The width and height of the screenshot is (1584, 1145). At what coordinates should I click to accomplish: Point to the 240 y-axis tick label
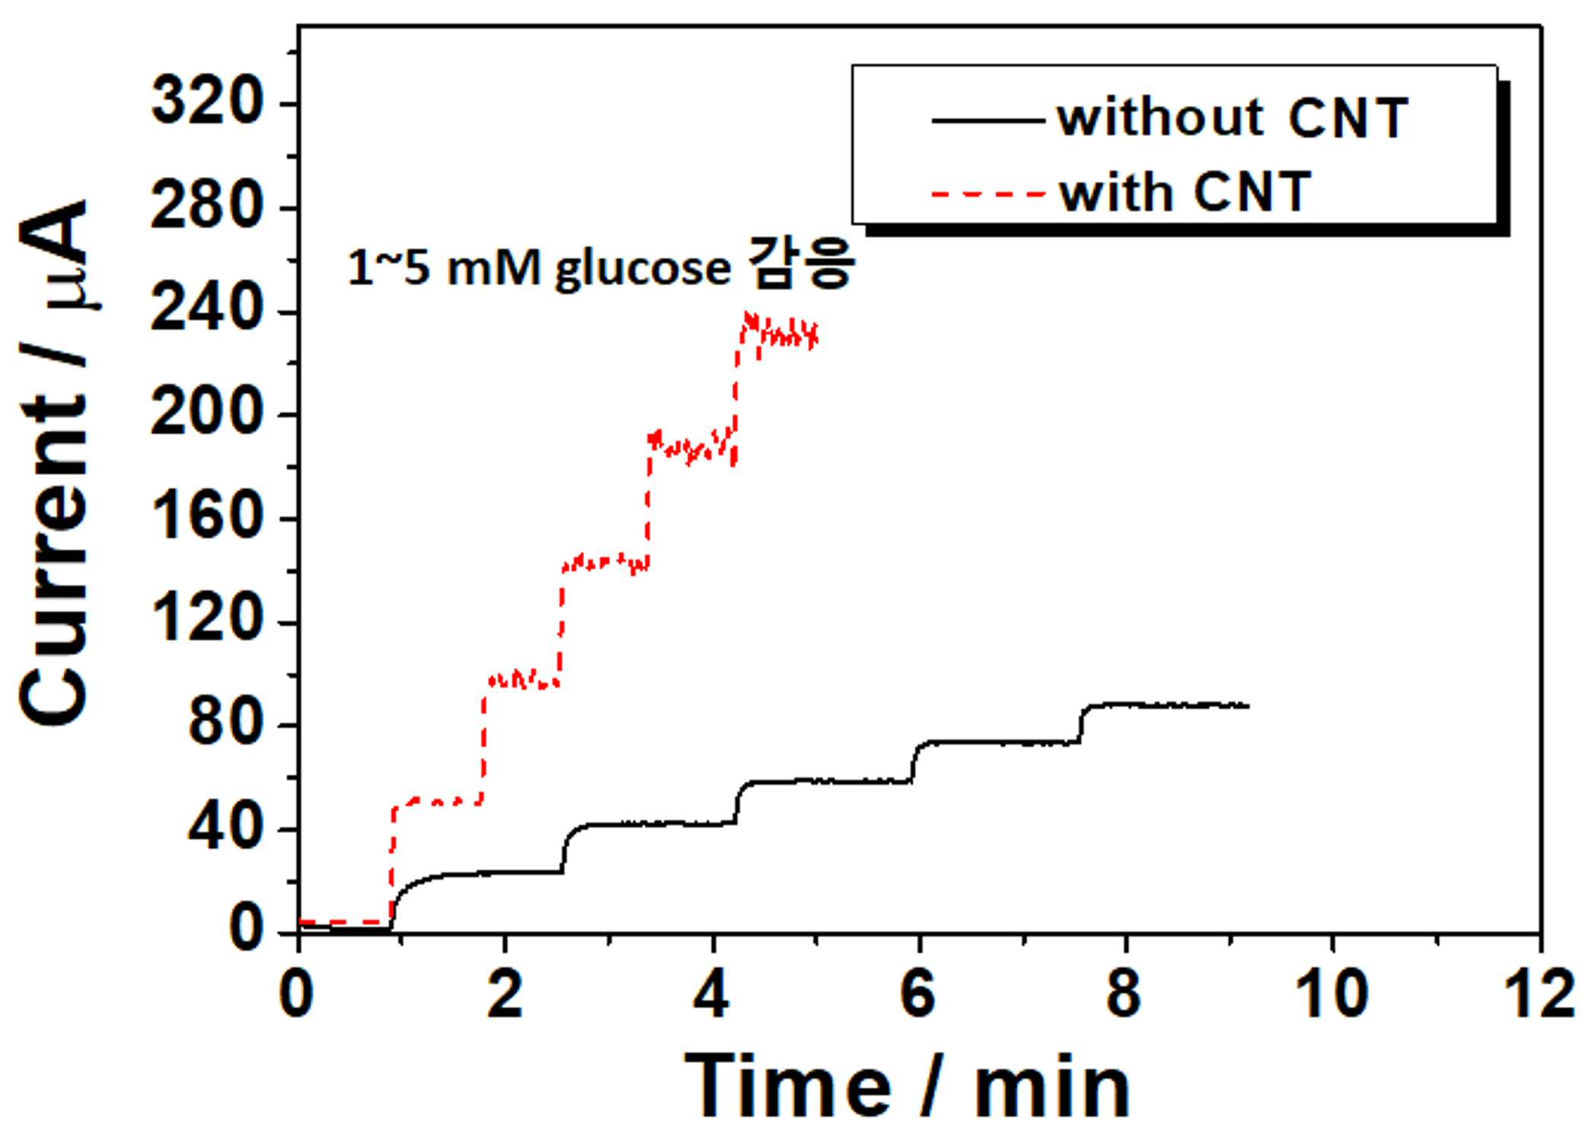(207, 309)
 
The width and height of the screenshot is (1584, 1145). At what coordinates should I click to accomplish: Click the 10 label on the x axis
(1332, 993)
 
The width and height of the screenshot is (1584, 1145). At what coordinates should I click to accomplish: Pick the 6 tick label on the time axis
(917, 993)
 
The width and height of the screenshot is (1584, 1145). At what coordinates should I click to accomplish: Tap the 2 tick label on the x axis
(504, 993)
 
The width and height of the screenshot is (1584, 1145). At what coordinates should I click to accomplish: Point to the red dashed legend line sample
(989, 194)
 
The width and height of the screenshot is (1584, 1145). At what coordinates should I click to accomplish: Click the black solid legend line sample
(989, 120)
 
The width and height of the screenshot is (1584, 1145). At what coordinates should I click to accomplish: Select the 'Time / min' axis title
(908, 1086)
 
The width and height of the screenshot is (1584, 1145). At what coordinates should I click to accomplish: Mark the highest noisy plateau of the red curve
(777, 332)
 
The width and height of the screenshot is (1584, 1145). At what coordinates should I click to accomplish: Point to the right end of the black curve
(1248, 706)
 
